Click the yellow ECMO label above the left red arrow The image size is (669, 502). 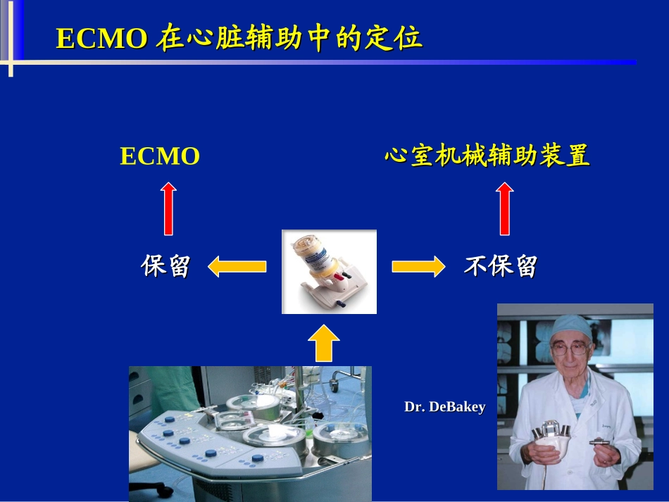tap(160, 156)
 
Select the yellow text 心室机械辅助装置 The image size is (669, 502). tap(487, 156)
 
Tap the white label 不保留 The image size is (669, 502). tap(501, 266)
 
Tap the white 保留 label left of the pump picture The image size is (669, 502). tap(165, 266)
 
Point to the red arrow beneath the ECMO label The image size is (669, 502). tap(168, 208)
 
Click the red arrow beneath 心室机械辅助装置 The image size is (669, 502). tap(505, 208)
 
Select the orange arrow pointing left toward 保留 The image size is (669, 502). tap(237, 266)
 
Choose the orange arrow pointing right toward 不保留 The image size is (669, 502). tap(418, 266)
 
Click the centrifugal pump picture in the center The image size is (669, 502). tap(329, 272)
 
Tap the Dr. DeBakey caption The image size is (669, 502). tap(444, 407)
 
